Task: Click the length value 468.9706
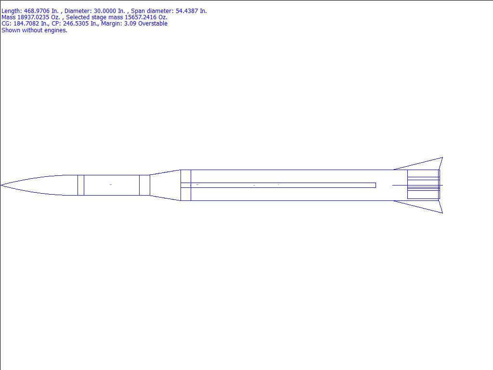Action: pyautogui.click(x=37, y=11)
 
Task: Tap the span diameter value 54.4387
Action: pyautogui.click(x=187, y=11)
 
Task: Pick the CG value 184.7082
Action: pyautogui.click(x=26, y=24)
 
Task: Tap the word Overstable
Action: pyautogui.click(x=152, y=24)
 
